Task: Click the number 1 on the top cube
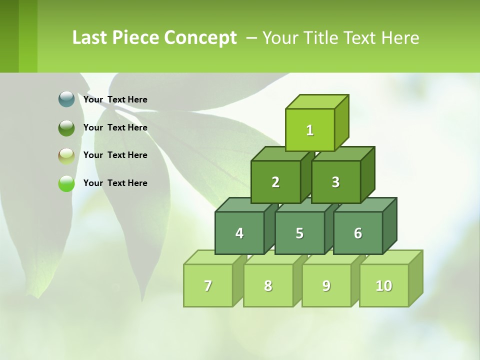(310, 130)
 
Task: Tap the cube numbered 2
(275, 182)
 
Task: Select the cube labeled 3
(335, 182)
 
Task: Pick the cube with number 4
(239, 233)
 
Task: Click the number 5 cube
(299, 233)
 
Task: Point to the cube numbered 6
(358, 233)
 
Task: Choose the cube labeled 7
(208, 286)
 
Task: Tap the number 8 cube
(268, 286)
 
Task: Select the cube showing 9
(326, 286)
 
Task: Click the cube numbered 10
(384, 286)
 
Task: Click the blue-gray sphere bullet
(66, 99)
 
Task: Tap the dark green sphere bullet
(66, 128)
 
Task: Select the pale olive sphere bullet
(66, 156)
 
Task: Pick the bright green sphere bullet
(66, 183)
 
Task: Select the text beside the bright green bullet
(115, 183)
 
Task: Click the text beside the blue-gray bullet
(115, 99)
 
